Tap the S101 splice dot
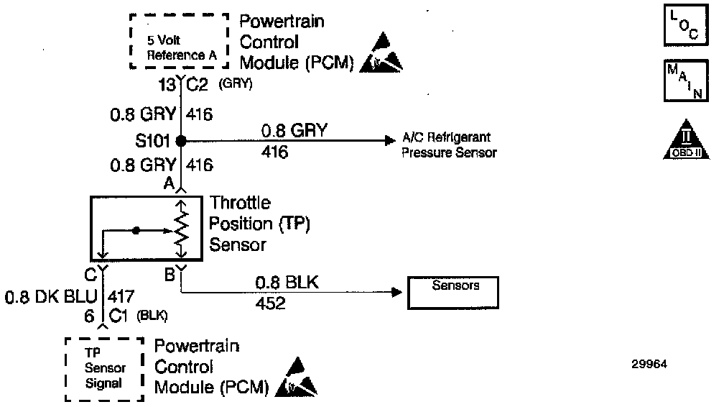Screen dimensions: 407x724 click(181, 140)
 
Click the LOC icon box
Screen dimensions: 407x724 click(681, 25)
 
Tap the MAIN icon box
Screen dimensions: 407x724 click(681, 82)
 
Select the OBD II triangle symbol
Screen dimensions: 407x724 click(681, 140)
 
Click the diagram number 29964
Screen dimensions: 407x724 click(650, 364)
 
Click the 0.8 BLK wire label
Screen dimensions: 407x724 click(287, 283)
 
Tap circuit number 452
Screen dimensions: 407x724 click(270, 303)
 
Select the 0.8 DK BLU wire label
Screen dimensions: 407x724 click(53, 296)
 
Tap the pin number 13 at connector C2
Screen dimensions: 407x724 click(167, 86)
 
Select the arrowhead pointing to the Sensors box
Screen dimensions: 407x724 click(395, 292)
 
